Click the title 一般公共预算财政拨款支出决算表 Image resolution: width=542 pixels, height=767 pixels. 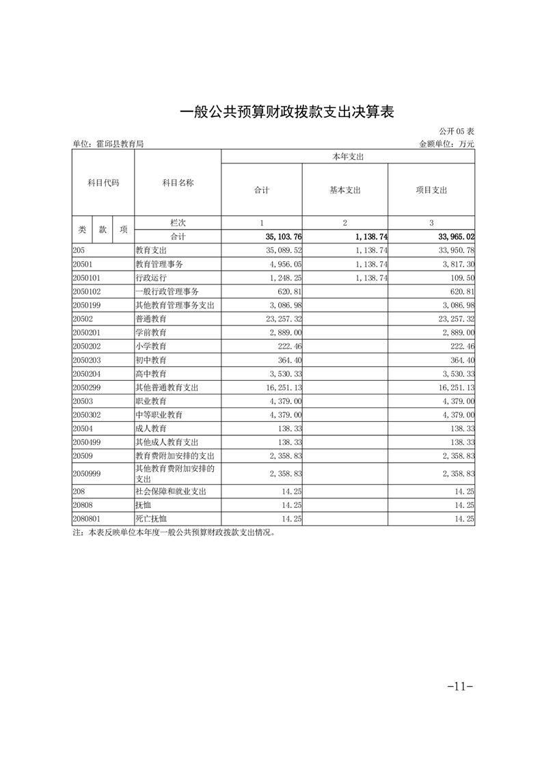pyautogui.click(x=287, y=112)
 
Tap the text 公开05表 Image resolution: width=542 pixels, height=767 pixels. pyautogui.click(x=457, y=131)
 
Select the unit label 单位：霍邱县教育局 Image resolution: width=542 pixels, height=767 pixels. pyautogui.click(x=108, y=144)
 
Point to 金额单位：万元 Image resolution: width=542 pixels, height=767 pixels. pyautogui.click(x=446, y=144)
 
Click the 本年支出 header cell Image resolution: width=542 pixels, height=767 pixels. pyautogui.click(x=347, y=157)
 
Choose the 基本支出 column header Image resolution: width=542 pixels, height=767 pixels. pyautogui.click(x=344, y=190)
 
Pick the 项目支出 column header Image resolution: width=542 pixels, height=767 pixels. pyautogui.click(x=431, y=190)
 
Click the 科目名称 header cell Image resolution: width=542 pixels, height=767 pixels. pyautogui.click(x=178, y=183)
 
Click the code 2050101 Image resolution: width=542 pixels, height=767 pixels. pyautogui.click(x=87, y=278)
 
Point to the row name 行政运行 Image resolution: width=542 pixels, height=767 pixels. pyautogui.click(x=151, y=278)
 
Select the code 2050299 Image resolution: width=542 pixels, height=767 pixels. pyautogui.click(x=87, y=388)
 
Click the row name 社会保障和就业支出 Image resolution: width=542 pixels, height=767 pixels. pyautogui.click(x=171, y=492)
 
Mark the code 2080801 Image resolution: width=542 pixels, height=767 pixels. pyautogui.click(x=87, y=519)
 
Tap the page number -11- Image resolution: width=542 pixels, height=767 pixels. pyautogui.click(x=459, y=686)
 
